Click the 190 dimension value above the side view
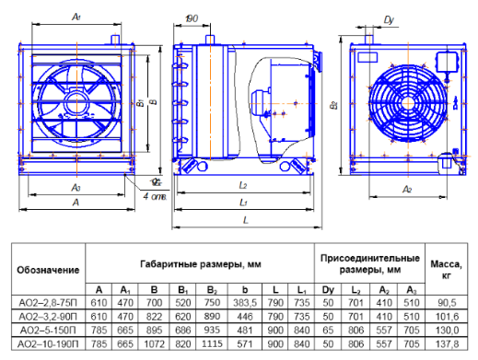[192, 18]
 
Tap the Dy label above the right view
[389, 20]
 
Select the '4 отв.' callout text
[155, 196]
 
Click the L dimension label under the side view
[245, 220]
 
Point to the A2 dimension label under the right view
[407, 189]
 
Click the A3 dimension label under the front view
[76, 187]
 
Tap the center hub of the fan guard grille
[408, 103]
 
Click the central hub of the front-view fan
[76, 102]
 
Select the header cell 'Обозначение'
[48, 270]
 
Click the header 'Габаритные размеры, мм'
[201, 264]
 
